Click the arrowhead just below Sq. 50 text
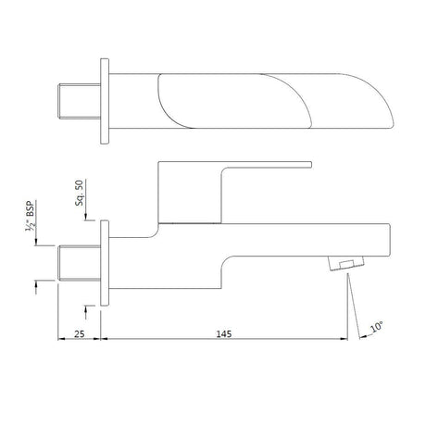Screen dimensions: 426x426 click(86, 217)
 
